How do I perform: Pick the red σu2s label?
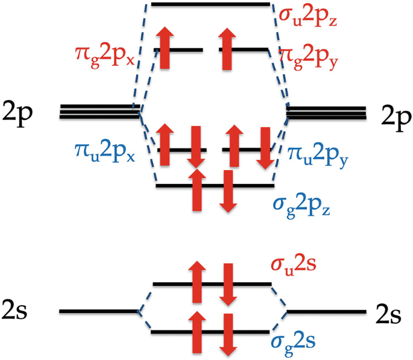coord(300,264)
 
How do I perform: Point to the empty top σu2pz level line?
coord(210,4)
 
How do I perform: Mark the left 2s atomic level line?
coord(99,312)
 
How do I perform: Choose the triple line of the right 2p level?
coord(326,112)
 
